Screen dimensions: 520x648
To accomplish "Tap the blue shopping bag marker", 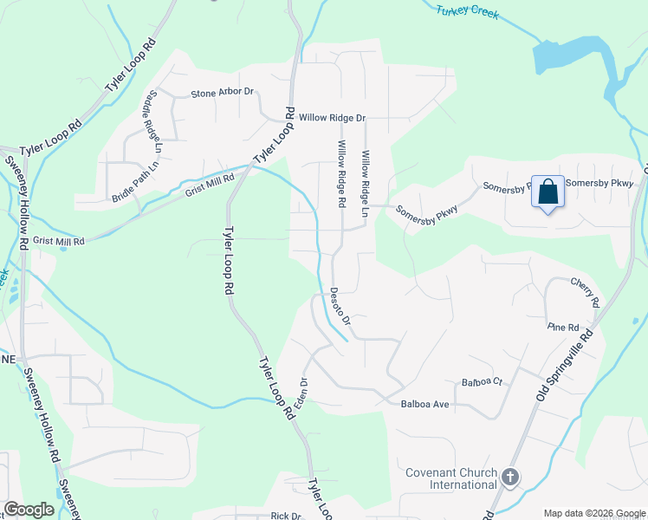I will point(548,192).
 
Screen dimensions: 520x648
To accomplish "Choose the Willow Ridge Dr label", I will point(333,117).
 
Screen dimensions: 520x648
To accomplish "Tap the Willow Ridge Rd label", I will point(342,173).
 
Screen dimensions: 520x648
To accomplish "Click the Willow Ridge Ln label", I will point(366,184).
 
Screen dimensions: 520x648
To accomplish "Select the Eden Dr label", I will point(302,393).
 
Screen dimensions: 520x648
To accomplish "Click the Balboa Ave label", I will point(424,405).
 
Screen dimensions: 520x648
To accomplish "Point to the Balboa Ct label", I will point(482,382).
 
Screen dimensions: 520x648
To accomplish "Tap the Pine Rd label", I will point(563,327).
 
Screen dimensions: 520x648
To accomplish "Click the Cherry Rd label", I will point(585,292).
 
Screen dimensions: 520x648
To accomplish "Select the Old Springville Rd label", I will point(566,363).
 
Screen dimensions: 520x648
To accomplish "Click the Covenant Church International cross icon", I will point(510,478).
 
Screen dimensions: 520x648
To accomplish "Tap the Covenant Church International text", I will point(451,478).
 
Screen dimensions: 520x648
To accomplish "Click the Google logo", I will point(29,510).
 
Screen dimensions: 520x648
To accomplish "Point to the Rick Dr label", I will point(285,516).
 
